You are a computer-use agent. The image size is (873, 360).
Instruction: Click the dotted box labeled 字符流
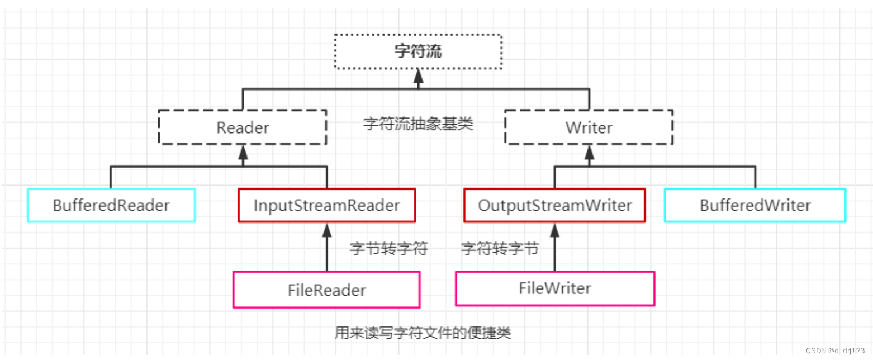pos(418,51)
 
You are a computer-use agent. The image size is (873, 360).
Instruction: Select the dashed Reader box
pos(243,127)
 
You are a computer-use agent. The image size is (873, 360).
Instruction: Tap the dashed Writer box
pos(589,127)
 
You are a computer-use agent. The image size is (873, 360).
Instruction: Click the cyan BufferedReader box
pos(111,205)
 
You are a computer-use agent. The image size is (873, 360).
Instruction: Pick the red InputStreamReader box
pos(327,205)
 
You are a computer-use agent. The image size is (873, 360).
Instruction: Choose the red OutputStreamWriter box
pos(554,205)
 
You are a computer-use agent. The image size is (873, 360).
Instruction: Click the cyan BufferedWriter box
pos(755,205)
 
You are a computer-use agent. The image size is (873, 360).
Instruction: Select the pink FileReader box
pos(326,290)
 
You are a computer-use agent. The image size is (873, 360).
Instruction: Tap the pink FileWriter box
pos(554,288)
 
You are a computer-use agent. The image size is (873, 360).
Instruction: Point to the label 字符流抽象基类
pos(418,124)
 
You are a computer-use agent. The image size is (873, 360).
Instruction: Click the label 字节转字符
pos(388,249)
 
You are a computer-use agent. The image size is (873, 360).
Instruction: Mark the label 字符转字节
pos(500,249)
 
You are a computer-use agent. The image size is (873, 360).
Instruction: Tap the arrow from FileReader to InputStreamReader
pos(327,249)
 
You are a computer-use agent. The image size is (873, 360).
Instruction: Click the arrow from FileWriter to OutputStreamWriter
pos(554,249)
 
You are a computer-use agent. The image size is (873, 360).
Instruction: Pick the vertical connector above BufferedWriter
pos(755,177)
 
